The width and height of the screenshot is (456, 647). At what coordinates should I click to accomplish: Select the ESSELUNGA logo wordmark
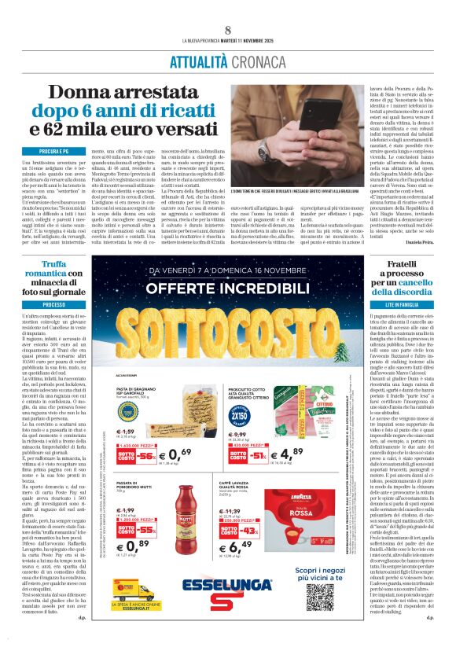228,584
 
